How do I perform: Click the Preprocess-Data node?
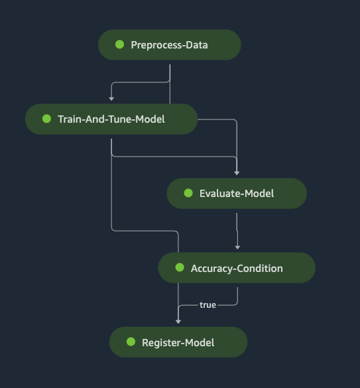click(x=170, y=45)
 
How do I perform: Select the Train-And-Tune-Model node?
click(x=111, y=119)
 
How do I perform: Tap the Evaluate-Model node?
click(x=237, y=193)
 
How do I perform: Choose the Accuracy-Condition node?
click(x=237, y=268)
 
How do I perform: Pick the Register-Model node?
click(x=178, y=342)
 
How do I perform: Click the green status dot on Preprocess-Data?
click(x=120, y=44)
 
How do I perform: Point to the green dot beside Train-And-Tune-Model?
click(x=47, y=119)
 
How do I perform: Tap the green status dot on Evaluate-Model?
click(x=188, y=193)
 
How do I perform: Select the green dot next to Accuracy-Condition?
click(x=180, y=267)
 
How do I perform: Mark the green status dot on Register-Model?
click(x=131, y=342)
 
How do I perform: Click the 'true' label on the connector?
click(x=208, y=305)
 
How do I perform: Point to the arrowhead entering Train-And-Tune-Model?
click(x=111, y=99)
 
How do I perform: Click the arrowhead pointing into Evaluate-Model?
click(x=237, y=173)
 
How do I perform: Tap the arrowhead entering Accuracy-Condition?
click(x=237, y=247)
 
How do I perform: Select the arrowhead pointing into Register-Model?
click(x=178, y=322)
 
